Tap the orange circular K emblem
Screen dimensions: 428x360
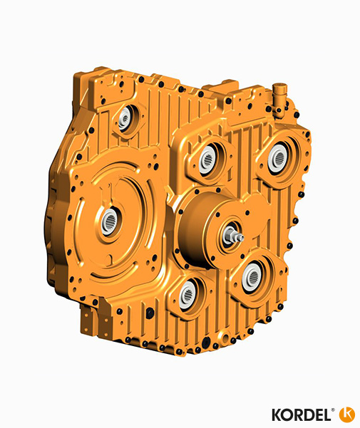tap(347, 413)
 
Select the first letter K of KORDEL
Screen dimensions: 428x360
tap(277, 414)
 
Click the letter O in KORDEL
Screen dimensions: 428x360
tap(287, 414)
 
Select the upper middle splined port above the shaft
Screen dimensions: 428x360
tap(208, 159)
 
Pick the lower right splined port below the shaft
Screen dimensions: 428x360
tap(252, 276)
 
